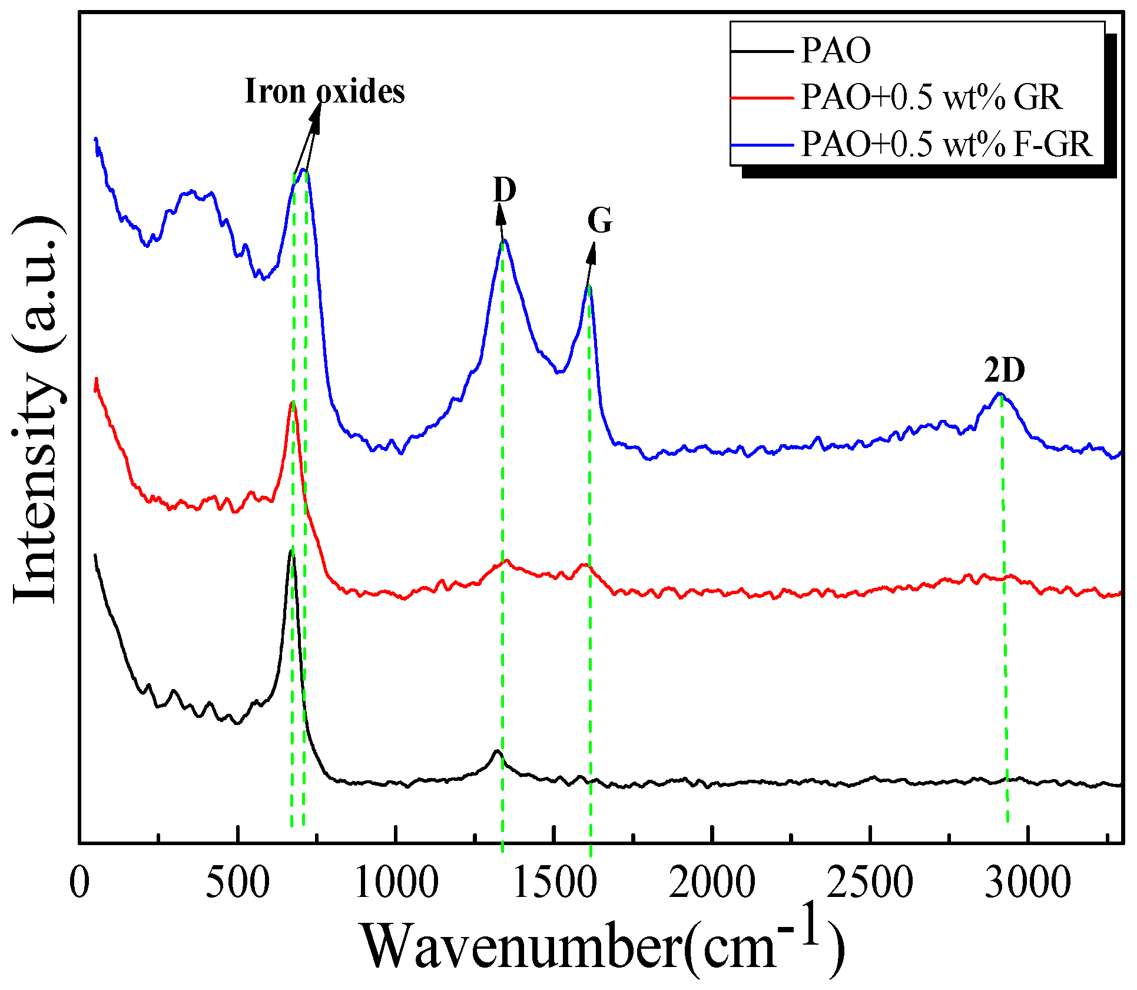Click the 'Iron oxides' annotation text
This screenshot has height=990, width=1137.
coord(324,91)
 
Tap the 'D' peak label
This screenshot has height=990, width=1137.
coord(505,190)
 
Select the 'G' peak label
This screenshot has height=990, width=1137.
coord(600,221)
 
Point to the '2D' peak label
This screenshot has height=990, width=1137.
coord(1005,370)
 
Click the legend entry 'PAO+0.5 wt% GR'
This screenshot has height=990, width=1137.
coord(931,97)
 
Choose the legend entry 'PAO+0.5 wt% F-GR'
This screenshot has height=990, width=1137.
coord(946,144)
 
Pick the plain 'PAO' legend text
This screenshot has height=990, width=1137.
coord(836,51)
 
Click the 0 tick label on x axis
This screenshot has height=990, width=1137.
coord(79,883)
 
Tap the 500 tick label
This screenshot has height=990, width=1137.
coord(237,883)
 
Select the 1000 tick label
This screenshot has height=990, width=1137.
coord(396,883)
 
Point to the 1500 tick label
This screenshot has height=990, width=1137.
coord(554,883)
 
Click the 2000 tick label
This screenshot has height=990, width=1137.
coord(712,883)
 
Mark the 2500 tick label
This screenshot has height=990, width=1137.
coord(870,883)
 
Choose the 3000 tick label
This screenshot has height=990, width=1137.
coord(1027,883)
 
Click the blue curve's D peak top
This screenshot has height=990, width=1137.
coord(504,240)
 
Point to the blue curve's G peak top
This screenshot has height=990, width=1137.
coord(589,286)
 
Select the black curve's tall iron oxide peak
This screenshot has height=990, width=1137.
coord(291,551)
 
